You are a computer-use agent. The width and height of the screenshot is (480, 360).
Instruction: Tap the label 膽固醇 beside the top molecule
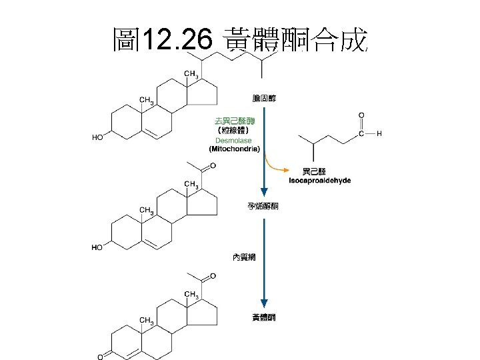click(x=263, y=98)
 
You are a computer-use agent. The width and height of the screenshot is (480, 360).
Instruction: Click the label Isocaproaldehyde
click(x=320, y=181)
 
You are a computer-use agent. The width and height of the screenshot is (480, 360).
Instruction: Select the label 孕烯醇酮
click(x=263, y=206)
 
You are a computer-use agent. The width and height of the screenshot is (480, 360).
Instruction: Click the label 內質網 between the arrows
click(x=243, y=256)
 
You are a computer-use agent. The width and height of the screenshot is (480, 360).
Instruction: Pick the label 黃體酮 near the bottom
click(x=263, y=317)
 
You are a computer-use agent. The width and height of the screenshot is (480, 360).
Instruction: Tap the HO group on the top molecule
click(x=98, y=137)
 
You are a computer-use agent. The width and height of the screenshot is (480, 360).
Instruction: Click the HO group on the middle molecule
click(x=98, y=247)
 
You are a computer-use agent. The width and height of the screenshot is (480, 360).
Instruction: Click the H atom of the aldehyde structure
click(x=379, y=134)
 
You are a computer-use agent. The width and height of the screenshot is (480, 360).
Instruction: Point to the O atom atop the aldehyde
click(x=361, y=114)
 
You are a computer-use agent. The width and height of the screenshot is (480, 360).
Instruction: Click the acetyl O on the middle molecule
click(x=213, y=166)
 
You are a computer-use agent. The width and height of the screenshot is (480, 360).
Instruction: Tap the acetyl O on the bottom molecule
click(x=213, y=276)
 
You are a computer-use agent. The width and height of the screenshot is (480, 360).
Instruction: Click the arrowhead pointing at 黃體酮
click(x=264, y=304)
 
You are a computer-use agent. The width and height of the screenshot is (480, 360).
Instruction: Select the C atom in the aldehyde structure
click(x=361, y=134)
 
